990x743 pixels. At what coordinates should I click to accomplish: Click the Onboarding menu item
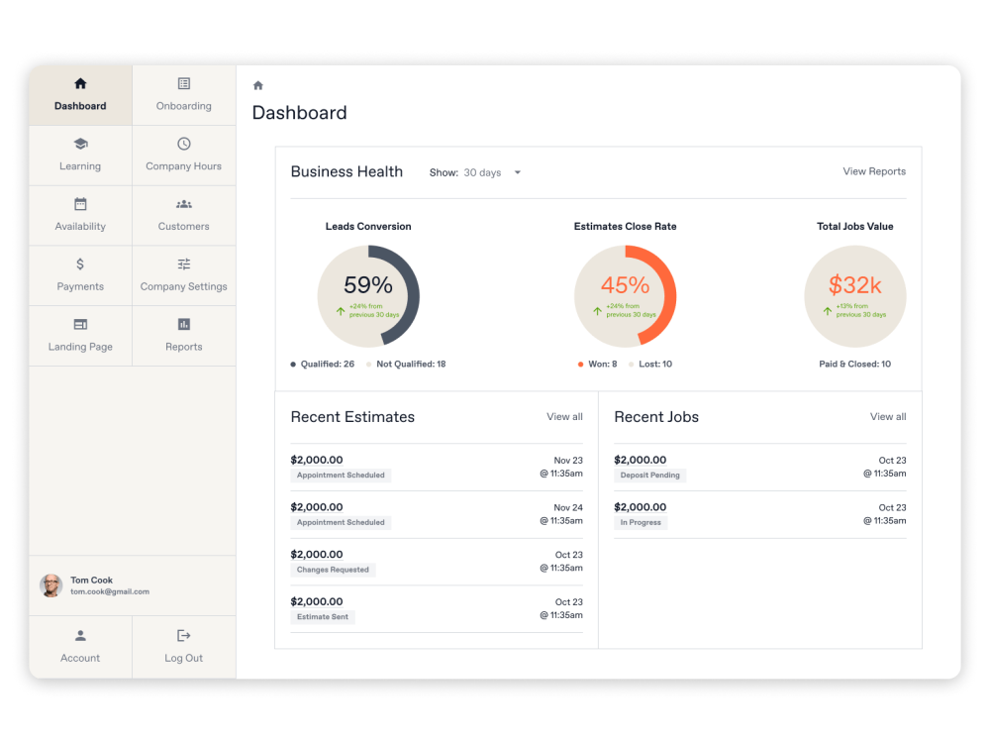(184, 95)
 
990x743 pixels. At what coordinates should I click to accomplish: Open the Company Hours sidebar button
(184, 156)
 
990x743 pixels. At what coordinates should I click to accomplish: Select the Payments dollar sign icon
(80, 265)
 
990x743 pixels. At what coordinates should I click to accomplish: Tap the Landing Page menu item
(80, 336)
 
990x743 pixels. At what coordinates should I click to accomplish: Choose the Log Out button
(184, 647)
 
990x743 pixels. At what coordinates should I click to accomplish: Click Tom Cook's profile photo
(51, 585)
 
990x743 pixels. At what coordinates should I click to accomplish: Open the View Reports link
(874, 171)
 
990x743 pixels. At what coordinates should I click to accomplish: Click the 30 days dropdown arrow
(518, 173)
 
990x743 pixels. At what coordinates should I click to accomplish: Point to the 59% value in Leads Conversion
(368, 285)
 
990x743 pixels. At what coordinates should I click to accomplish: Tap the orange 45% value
(626, 285)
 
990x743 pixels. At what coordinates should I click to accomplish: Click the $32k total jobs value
(855, 285)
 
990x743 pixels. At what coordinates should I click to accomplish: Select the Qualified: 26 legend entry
(323, 365)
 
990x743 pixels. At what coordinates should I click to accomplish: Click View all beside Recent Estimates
(564, 417)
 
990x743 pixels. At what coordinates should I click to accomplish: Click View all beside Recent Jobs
(888, 417)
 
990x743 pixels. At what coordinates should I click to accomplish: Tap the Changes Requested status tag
(333, 570)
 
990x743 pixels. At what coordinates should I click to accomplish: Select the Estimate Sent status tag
(323, 617)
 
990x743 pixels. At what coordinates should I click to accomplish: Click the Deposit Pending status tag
(649, 476)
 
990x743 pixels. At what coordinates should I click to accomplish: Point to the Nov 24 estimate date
(568, 507)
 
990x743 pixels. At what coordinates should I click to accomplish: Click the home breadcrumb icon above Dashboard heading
(258, 86)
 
